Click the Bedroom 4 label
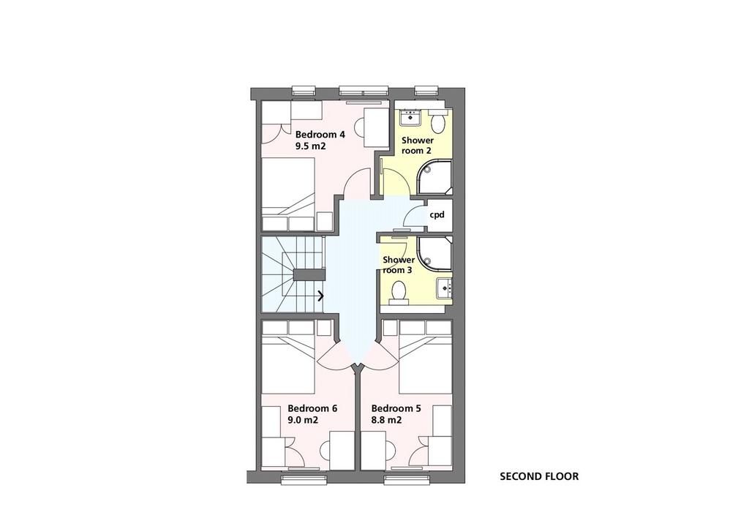(320, 135)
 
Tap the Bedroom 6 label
(312, 408)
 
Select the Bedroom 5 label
(396, 408)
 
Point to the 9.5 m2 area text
(310, 146)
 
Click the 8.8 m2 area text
(386, 421)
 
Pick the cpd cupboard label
(437, 215)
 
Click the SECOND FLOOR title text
(539, 476)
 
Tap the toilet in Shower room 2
(437, 121)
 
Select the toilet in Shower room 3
(399, 291)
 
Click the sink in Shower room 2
(410, 116)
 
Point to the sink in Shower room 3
(444, 288)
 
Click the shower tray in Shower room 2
(434, 178)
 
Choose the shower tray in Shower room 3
(434, 253)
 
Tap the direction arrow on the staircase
(321, 296)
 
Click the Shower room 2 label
(418, 146)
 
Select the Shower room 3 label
(399, 265)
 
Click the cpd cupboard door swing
(415, 214)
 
